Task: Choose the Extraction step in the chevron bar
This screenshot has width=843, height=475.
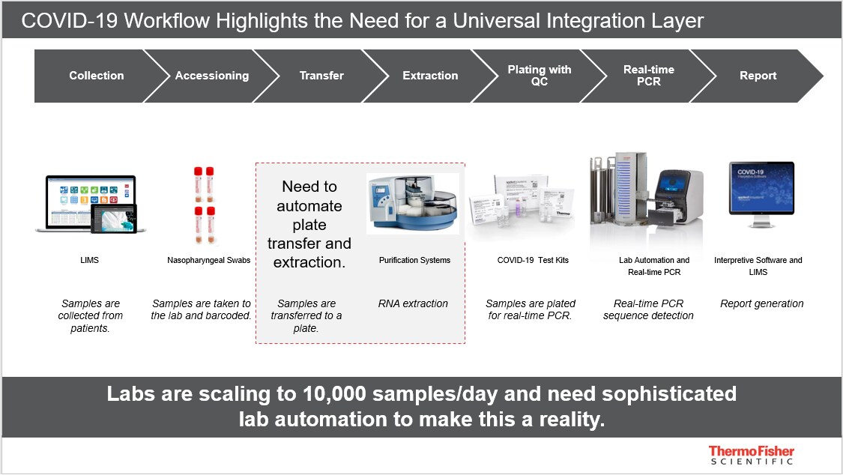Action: [x=430, y=76]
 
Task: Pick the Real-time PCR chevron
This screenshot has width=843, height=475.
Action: [x=648, y=76]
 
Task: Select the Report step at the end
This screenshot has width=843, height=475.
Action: [x=758, y=76]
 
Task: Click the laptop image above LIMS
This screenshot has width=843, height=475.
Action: [x=90, y=205]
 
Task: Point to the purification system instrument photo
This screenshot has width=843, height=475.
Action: [x=413, y=204]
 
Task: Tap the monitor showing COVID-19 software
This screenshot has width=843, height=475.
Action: [x=761, y=194]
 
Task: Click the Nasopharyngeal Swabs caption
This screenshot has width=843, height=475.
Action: [x=208, y=260]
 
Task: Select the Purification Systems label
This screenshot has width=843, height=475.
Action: [x=414, y=260]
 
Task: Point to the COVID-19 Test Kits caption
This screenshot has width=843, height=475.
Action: [x=533, y=260]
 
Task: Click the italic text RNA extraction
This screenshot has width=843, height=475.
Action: [x=413, y=303]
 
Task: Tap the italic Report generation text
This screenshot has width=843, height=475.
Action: [x=762, y=303]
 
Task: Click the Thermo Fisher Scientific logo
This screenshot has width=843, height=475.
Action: [x=751, y=455]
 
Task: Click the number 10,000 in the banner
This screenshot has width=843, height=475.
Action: [x=334, y=394]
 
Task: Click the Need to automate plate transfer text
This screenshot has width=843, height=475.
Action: [x=309, y=224]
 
